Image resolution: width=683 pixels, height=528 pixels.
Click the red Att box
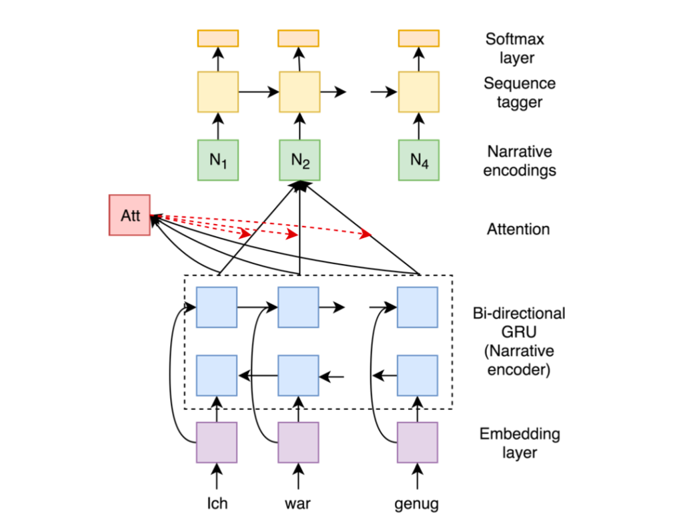point(129,215)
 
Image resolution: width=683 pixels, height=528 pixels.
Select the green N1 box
point(217,160)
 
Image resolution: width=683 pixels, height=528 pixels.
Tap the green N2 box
point(299,160)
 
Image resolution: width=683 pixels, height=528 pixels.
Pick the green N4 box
point(418,160)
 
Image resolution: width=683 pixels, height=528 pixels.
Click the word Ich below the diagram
point(217,503)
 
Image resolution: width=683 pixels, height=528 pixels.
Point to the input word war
point(298,503)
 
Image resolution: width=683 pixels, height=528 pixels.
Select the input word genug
point(418,503)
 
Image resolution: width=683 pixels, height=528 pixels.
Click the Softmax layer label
point(510,49)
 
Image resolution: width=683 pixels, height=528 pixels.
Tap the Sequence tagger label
point(518,93)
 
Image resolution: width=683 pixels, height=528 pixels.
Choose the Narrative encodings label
point(521,161)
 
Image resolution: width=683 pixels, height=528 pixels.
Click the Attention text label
point(518,229)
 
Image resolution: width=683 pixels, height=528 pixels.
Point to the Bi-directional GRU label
point(519,341)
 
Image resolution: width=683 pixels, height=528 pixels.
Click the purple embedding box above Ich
point(217,442)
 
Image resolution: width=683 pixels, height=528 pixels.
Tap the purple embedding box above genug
point(418,442)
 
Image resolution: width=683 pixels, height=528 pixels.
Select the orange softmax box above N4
point(418,39)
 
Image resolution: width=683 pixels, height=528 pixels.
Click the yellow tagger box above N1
point(217,92)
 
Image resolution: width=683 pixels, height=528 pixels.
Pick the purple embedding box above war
point(298,442)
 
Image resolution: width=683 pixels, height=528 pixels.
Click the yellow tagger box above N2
point(299,92)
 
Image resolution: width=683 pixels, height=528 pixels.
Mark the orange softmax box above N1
point(217,39)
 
